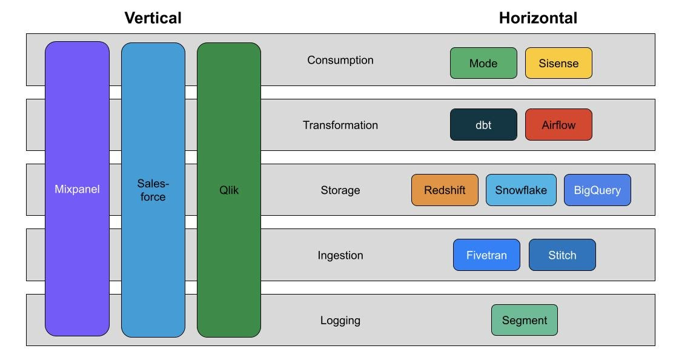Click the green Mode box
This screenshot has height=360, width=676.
point(483,63)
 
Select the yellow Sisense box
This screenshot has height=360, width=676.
point(558,63)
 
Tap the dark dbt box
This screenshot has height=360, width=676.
point(483,125)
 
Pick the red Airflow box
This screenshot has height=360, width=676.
point(558,125)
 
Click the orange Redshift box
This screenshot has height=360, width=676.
point(445,190)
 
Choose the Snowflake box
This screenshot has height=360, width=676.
point(521,190)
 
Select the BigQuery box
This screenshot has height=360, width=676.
point(597,190)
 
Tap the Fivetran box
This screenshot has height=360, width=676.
point(486,255)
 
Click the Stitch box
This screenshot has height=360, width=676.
point(562,255)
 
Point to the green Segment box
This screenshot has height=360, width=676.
point(524,320)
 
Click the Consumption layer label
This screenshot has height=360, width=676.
point(340,60)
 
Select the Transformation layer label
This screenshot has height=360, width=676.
point(340,125)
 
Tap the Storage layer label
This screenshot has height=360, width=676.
point(340,190)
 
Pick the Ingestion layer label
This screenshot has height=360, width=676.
point(340,255)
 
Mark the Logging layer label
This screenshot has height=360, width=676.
point(340,320)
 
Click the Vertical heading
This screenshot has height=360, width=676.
point(153,18)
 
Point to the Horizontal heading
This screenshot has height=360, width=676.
point(537,18)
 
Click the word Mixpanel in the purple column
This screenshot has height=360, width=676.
point(77,189)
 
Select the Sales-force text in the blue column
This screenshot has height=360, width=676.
point(153,190)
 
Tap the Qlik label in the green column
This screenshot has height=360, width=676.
point(229,190)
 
